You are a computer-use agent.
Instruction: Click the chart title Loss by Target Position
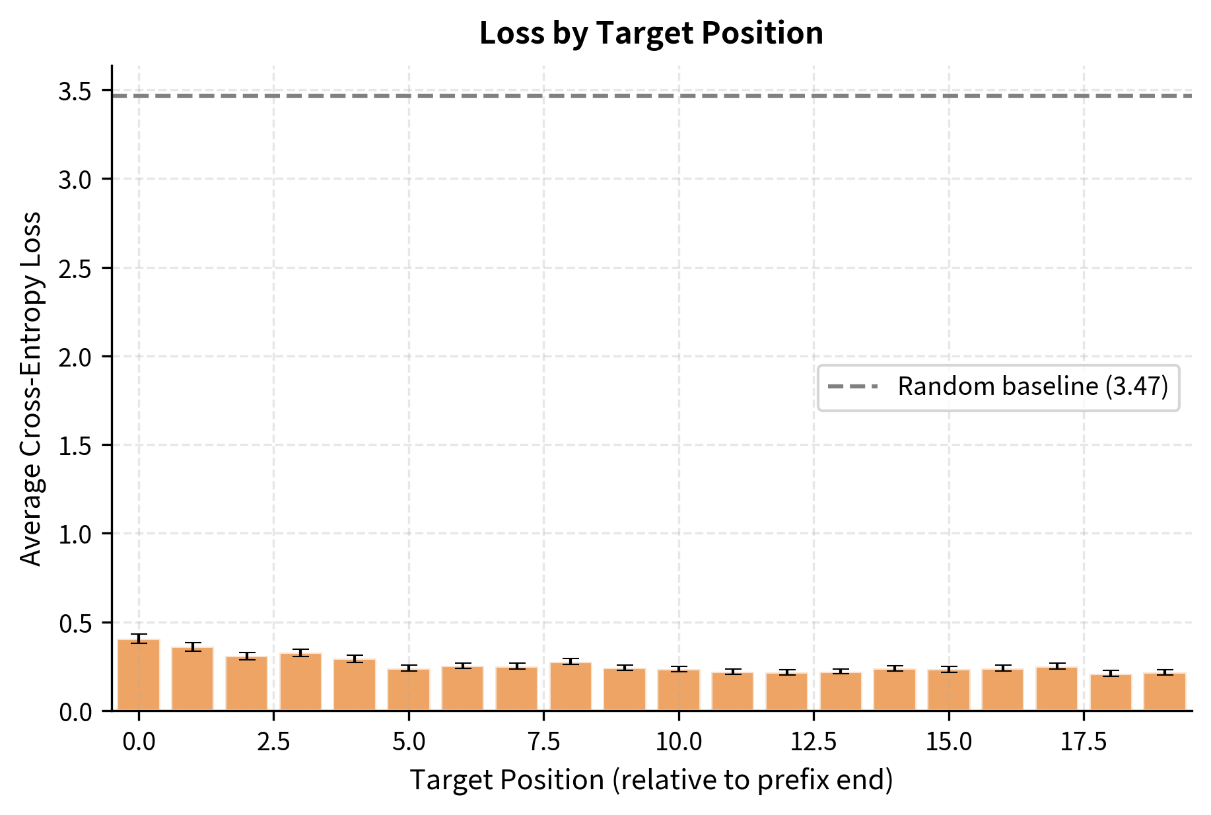pos(651,33)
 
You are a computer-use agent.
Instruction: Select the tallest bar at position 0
pos(139,675)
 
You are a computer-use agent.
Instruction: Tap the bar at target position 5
pos(409,690)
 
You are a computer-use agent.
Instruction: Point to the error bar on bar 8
pos(571,661)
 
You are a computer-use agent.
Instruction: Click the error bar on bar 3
pos(300,653)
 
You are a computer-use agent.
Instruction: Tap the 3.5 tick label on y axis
pos(75,91)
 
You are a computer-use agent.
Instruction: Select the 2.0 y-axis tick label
pos(75,357)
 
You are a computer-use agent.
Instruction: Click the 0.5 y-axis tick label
pos(75,623)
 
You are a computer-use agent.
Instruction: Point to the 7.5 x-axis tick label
pos(543,742)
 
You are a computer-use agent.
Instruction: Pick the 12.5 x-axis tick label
pos(813,742)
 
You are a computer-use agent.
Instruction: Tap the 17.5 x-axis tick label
pos(1084,742)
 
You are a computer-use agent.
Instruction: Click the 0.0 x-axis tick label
pos(139,742)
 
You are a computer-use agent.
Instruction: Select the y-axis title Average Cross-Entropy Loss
pos(31,388)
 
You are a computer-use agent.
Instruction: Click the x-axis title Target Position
pos(651,780)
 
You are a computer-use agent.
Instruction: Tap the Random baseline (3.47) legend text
pos(1033,387)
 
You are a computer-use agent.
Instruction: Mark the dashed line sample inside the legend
pos(853,387)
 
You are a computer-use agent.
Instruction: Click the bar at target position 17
pos(1056,688)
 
